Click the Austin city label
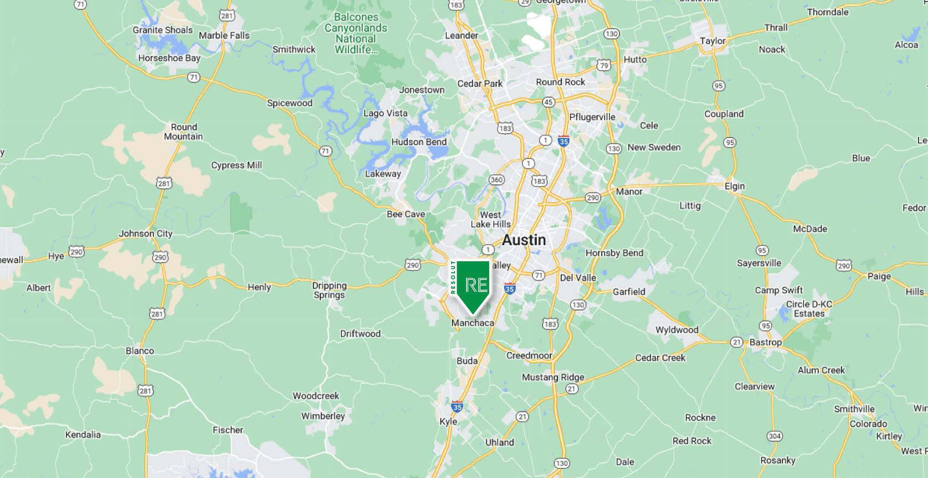(x=524, y=240)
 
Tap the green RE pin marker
(x=473, y=285)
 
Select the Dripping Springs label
(x=329, y=290)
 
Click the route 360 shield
(x=496, y=179)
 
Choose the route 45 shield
(x=548, y=102)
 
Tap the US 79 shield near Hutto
(x=604, y=65)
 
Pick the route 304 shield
(x=775, y=436)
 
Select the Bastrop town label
(x=766, y=342)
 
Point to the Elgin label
(x=735, y=186)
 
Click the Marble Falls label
(x=224, y=35)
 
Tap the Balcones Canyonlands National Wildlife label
(x=356, y=33)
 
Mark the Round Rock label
(x=560, y=82)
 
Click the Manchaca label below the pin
(x=473, y=323)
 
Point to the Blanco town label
(x=140, y=351)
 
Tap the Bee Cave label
(x=406, y=214)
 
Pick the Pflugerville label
(x=592, y=117)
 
